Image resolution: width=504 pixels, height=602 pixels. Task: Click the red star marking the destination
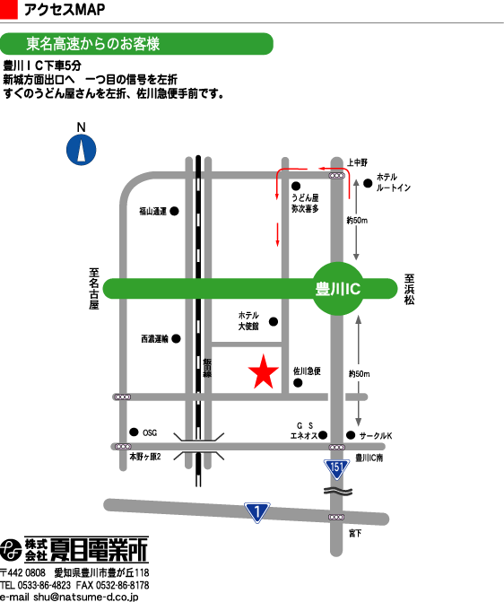click(264, 372)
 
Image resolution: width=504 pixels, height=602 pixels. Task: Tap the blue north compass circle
click(82, 150)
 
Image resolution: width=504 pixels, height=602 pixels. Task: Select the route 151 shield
click(336, 469)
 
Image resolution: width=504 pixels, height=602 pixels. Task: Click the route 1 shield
click(256, 512)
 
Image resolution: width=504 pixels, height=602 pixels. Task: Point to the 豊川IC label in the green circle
click(338, 289)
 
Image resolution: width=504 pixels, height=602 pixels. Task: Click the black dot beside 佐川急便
click(298, 382)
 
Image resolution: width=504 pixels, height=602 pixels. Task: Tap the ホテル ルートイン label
click(393, 182)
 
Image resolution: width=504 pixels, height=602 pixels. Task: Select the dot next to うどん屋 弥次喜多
click(296, 187)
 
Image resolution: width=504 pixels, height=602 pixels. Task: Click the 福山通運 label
click(152, 211)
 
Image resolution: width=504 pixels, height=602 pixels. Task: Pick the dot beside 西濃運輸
click(176, 338)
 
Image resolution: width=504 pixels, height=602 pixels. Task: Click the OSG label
click(150, 432)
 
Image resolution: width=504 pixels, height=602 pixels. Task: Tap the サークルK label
click(376, 436)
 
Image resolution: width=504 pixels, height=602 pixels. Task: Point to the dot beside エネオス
click(323, 435)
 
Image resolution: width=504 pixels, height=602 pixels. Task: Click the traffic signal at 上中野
click(336, 176)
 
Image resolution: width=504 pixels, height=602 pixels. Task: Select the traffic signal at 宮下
click(336, 517)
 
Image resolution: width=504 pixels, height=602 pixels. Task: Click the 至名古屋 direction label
click(94, 289)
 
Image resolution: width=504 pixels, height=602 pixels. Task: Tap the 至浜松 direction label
click(409, 290)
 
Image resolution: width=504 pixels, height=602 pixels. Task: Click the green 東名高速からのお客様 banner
click(136, 44)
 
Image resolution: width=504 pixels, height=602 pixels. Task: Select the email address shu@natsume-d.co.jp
click(85, 597)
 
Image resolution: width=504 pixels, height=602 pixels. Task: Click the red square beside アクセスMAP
click(8, 9)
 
